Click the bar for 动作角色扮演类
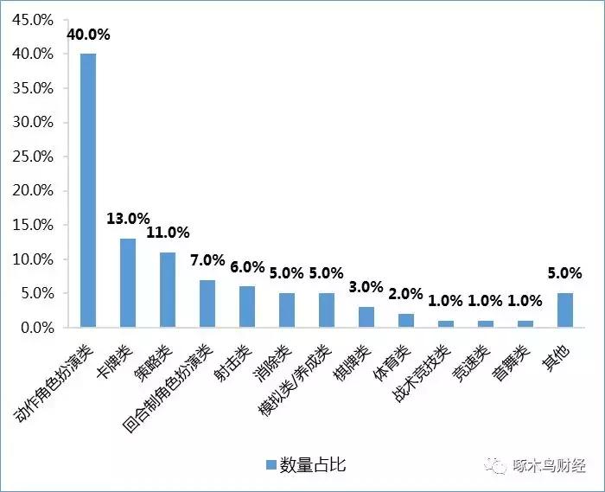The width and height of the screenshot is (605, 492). coord(88,190)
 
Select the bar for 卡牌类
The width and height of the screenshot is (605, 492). coord(128,283)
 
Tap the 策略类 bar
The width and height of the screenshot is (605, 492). coord(168,290)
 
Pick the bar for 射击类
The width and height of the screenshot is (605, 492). coord(247,307)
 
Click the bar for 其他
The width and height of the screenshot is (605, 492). coord(564,310)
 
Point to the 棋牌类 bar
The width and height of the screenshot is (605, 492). coord(366,317)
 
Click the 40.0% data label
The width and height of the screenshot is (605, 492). coord(88,35)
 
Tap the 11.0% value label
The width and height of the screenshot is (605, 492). coord(168,233)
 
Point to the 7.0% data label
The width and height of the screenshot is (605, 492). coord(207,260)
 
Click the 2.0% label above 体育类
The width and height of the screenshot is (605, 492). coord(405,294)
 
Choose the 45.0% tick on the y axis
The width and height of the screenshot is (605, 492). coord(32,19)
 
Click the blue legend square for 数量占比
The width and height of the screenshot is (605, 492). coord(271,465)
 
